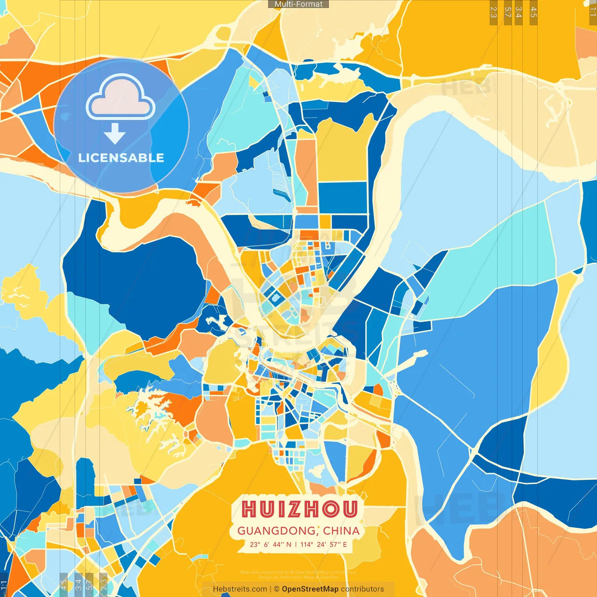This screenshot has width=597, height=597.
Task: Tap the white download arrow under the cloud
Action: click(x=115, y=134)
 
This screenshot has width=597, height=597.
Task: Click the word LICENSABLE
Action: click(x=121, y=158)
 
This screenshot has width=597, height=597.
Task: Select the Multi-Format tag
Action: click(x=298, y=4)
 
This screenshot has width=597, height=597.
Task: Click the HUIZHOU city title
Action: click(x=299, y=509)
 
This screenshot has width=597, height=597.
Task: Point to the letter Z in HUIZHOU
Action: click(x=295, y=509)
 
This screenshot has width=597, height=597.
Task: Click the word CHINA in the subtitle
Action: click(x=341, y=531)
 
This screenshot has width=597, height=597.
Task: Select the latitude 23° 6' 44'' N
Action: click(x=270, y=544)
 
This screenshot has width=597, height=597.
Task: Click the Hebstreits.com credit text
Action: click(x=240, y=589)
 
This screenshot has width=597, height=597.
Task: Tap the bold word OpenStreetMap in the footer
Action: click(x=310, y=589)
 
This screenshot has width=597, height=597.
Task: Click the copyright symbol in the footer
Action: click(x=277, y=589)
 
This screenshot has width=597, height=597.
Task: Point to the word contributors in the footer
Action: click(x=362, y=589)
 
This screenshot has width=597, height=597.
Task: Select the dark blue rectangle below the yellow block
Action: click(x=343, y=197)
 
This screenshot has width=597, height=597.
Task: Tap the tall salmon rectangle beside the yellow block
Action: click(x=306, y=173)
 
